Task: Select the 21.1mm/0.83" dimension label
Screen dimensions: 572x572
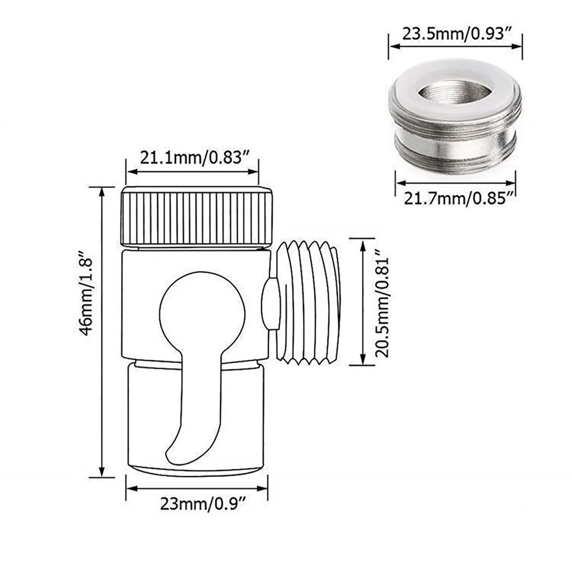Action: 193,157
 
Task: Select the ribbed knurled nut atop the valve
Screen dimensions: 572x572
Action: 197,217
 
